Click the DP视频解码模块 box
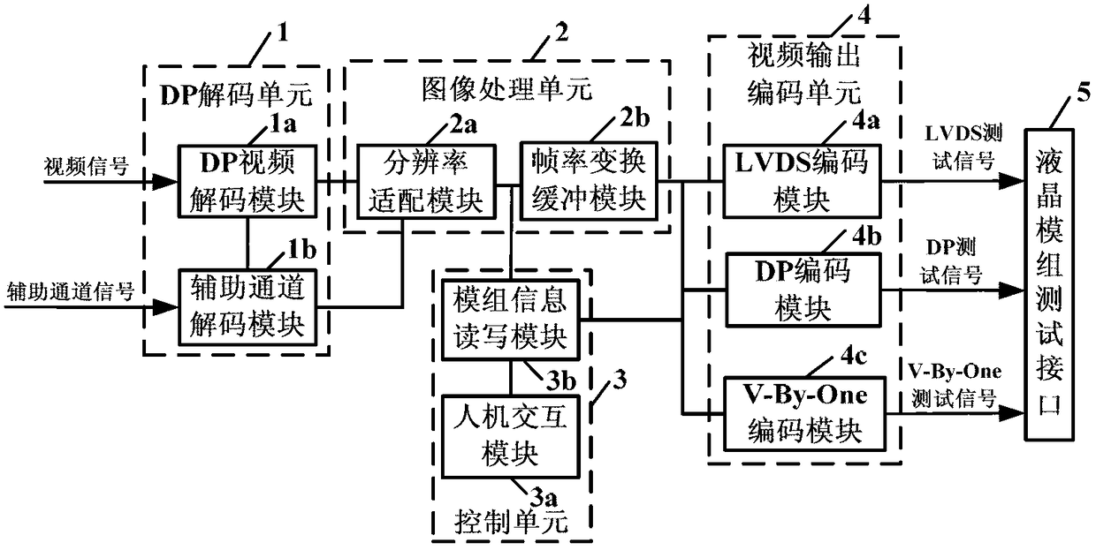coord(247,181)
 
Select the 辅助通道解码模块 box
coord(247,307)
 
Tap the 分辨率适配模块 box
coord(426,181)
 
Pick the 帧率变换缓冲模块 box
coord(589,181)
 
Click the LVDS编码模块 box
coord(802,181)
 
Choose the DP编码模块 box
coord(803,290)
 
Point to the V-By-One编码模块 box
coord(804,413)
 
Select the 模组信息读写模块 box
coord(511,320)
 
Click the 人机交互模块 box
coord(511,437)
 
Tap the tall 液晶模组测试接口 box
coord(1049,284)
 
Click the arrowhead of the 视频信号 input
coord(164,182)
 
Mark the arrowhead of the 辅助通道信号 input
coord(164,307)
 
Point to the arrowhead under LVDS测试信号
coord(1011,181)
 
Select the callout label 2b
coord(635,118)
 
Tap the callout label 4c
coord(854,356)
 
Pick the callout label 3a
coord(544,498)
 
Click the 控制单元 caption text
coord(512,523)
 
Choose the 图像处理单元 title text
coord(507,89)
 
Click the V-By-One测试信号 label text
coord(954,386)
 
